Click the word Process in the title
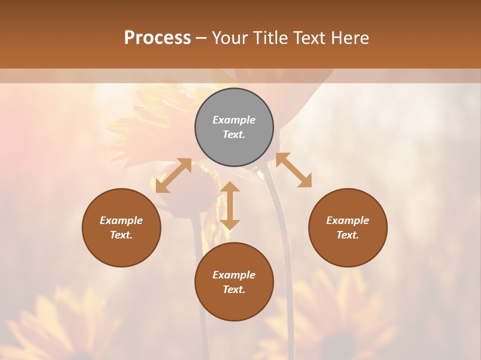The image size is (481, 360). tap(157, 38)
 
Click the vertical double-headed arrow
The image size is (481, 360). tap(230, 205)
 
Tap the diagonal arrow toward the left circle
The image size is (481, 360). tap(173, 175)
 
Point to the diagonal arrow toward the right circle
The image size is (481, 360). tap(294, 170)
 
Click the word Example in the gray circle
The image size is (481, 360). tap(234, 120)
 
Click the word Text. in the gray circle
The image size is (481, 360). tap(234, 134)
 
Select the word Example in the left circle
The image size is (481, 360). tap(121, 220)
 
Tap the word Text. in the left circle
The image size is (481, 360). tap(121, 235)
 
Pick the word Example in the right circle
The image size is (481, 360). tap(348, 220)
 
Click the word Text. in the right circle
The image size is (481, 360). tap(348, 235)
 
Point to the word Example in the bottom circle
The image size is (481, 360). tap(234, 275)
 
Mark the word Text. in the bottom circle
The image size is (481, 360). tap(234, 289)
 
